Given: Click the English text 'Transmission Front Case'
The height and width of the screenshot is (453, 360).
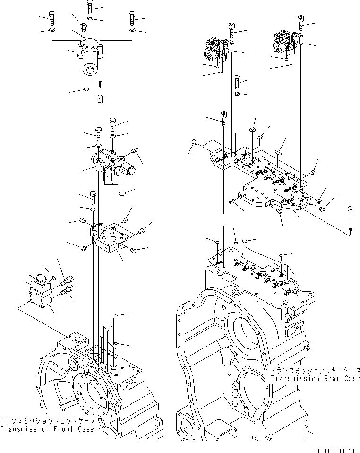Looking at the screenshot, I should coord(47,429).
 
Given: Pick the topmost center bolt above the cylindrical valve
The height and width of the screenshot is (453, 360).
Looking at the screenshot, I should coord(90,6).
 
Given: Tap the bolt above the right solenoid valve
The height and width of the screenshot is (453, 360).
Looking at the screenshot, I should coord(300,22).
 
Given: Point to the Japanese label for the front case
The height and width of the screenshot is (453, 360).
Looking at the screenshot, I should coord(47,420).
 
